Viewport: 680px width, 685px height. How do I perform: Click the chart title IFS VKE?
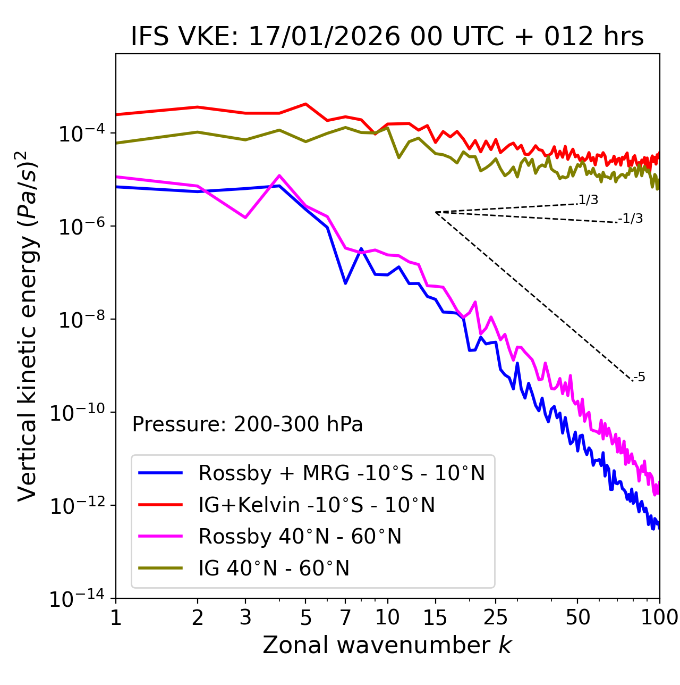(387, 37)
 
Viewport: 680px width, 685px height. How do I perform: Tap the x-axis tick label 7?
(345, 617)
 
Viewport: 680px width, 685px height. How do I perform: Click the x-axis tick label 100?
(659, 617)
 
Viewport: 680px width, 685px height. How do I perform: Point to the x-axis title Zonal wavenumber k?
(387, 645)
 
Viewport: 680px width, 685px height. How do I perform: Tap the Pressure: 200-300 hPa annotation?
(248, 424)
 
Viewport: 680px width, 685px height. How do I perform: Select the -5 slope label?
(640, 378)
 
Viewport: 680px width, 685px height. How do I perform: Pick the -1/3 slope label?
(631, 219)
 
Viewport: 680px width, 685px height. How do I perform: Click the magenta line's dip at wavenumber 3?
(245, 218)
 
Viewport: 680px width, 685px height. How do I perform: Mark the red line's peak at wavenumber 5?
(305, 104)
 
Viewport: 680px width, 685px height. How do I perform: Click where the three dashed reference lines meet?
(436, 212)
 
